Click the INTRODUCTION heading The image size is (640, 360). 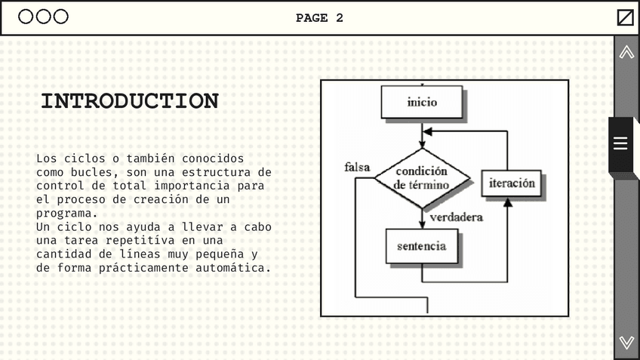(130, 101)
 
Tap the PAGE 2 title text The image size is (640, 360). (319, 18)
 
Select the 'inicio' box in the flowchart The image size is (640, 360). (421, 102)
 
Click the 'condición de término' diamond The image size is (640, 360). (422, 178)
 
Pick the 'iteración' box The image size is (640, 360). (512, 183)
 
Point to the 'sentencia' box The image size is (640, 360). (421, 246)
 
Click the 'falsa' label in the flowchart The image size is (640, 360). (357, 167)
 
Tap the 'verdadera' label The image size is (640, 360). (457, 217)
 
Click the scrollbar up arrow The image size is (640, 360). (626, 52)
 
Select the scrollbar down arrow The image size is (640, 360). (626, 343)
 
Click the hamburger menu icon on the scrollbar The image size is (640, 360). (620, 143)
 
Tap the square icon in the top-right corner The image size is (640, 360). (626, 17)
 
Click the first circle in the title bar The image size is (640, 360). (26, 17)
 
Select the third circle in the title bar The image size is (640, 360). (61, 17)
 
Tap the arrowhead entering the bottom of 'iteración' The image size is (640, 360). (508, 202)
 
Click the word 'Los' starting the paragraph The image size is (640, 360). (46, 158)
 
